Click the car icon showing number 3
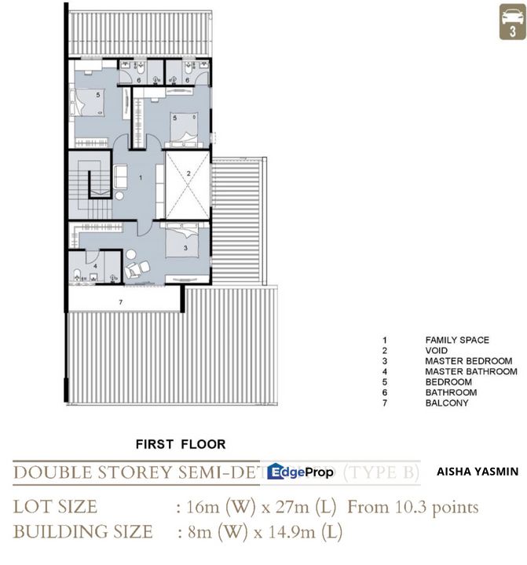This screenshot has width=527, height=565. [x=512, y=21]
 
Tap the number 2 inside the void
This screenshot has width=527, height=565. [x=188, y=173]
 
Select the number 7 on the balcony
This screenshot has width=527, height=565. [x=120, y=301]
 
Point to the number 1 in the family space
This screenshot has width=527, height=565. [x=139, y=178]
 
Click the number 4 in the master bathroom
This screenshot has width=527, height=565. [x=94, y=266]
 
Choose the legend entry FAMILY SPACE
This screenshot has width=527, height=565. [x=457, y=341]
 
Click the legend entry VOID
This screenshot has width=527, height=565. [x=437, y=351]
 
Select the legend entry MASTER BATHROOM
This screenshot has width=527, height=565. [x=470, y=371]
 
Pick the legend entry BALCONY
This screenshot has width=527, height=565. [x=446, y=403]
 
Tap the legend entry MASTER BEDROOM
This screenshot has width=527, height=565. [x=468, y=361]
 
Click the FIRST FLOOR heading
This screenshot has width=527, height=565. [x=181, y=444]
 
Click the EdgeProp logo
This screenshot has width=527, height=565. [x=300, y=472]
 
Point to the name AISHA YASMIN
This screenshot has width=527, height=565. [x=477, y=472]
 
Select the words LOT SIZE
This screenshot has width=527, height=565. [x=55, y=506]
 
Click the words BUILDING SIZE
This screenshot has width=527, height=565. [x=82, y=532]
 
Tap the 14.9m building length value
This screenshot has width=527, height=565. [x=298, y=532]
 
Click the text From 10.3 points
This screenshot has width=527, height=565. [x=412, y=506]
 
